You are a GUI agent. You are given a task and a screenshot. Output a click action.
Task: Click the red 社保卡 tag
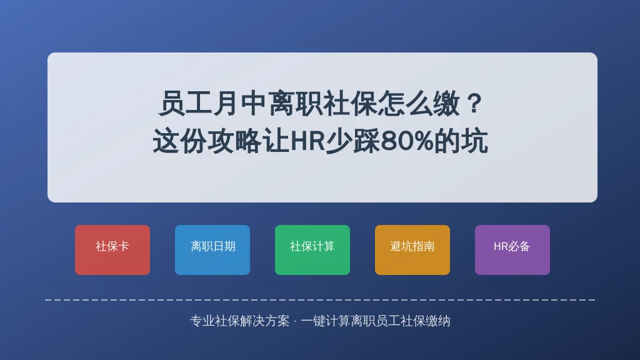(112, 250)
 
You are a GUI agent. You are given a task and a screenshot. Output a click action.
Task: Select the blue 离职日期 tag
(212, 250)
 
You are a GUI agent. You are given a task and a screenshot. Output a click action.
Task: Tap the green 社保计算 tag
(312, 250)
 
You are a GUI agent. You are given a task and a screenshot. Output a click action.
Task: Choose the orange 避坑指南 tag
(412, 250)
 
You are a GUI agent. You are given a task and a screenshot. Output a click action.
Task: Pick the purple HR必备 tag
(512, 250)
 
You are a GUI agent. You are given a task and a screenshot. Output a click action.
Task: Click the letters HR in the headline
(307, 141)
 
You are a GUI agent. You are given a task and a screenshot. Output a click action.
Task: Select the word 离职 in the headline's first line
(295, 104)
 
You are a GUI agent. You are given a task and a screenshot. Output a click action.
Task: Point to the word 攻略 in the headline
(235, 141)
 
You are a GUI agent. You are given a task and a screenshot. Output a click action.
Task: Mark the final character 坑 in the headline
(474, 141)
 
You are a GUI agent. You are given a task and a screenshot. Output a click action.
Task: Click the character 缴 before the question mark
(446, 104)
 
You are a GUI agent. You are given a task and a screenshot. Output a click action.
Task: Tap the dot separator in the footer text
(295, 321)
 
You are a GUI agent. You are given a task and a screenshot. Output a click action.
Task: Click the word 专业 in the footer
(202, 321)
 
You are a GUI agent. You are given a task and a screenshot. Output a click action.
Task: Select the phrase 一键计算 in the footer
(325, 321)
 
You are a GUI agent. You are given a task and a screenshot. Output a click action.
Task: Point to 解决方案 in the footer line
(265, 321)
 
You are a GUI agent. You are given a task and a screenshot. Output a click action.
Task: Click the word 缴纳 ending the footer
(437, 321)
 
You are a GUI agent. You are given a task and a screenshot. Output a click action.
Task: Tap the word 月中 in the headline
(240, 104)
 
